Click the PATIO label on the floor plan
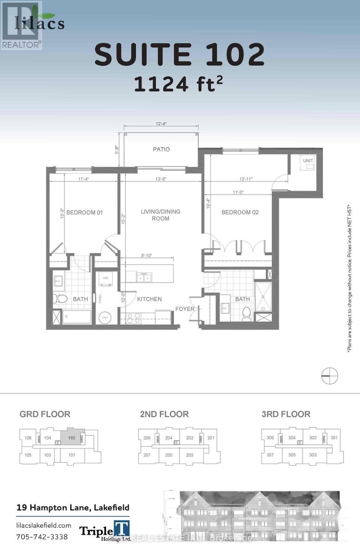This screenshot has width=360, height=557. coord(161,149)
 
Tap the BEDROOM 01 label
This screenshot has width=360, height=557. coord(84,213)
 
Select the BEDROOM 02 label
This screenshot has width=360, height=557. coord(240,213)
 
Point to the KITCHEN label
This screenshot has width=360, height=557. coord(149,299)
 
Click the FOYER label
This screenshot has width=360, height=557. coord(184,309)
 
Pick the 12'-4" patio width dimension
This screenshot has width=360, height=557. coord(161,123)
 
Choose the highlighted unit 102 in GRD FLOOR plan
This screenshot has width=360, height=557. coord(71,438)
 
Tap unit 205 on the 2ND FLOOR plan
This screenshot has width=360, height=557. coord(169,455)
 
